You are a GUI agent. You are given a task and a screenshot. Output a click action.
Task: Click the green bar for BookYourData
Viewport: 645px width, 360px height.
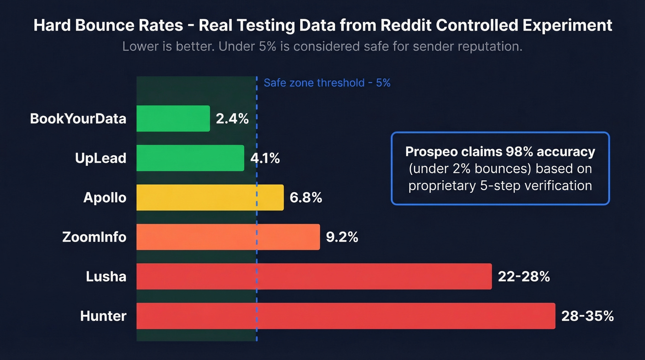[173, 118]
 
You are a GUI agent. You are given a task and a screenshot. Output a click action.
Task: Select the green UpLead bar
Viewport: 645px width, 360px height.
[190, 158]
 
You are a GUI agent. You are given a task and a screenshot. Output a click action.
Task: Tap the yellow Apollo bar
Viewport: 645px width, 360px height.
[210, 198]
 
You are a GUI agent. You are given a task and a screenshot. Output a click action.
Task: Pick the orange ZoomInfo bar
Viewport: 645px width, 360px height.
[228, 237]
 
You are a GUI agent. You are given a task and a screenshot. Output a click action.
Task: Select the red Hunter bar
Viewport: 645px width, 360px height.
[346, 316]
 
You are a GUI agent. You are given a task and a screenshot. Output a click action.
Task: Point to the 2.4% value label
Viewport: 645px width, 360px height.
[232, 118]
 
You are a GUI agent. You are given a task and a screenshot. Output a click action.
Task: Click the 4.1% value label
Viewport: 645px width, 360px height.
[265, 158]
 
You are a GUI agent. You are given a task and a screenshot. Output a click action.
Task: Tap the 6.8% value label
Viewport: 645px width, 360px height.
[306, 198]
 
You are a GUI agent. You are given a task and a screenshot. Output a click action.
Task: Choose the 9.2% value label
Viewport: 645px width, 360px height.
[342, 237]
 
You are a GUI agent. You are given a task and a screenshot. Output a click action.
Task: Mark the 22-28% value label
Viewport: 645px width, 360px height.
[524, 277]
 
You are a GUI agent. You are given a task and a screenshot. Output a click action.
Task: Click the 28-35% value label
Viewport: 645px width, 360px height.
[587, 316]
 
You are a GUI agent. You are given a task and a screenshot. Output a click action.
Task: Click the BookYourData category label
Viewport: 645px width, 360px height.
[78, 118]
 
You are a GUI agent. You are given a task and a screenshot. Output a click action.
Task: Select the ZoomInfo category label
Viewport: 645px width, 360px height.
[94, 237]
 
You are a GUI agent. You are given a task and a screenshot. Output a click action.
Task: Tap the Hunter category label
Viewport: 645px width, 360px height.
[103, 316]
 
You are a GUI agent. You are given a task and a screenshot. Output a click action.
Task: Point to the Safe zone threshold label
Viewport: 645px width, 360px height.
[327, 83]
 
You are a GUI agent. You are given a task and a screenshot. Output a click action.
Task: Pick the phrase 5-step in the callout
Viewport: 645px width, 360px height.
[502, 185]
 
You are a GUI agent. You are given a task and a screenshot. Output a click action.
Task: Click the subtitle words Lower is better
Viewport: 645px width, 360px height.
[168, 47]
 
